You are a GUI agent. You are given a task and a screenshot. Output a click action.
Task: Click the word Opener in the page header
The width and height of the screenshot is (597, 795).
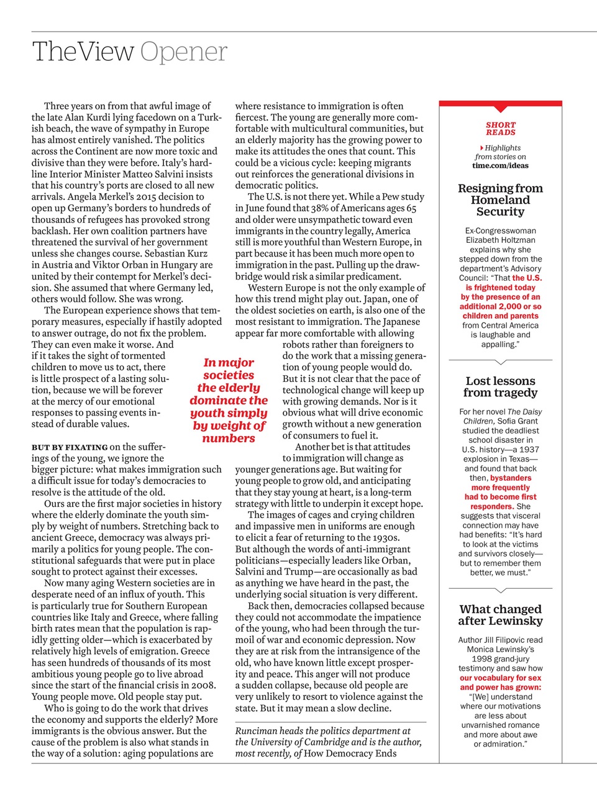point(184,52)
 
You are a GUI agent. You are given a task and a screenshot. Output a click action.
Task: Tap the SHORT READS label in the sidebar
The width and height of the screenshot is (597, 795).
point(501,129)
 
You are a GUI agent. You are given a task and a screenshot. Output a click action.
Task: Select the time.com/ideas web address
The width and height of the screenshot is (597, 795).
point(501,165)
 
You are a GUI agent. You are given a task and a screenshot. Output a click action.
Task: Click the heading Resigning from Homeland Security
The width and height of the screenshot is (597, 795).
point(501,200)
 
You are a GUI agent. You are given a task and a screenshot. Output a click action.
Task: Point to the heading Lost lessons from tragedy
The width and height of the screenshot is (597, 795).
point(501,387)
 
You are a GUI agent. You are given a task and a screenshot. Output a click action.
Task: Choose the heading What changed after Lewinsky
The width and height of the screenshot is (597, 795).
point(501,615)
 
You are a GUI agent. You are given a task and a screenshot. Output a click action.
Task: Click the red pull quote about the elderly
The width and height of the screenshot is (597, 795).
point(229,401)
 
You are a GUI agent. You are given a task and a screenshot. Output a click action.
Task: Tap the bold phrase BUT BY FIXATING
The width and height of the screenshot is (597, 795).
point(70,447)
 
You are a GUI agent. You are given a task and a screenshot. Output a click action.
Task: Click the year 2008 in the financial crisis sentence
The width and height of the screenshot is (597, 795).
point(201,685)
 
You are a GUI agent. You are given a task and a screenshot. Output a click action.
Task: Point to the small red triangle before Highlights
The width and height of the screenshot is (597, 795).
point(482,148)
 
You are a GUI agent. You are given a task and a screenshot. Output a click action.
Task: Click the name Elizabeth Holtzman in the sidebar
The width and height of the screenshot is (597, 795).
point(501,240)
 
